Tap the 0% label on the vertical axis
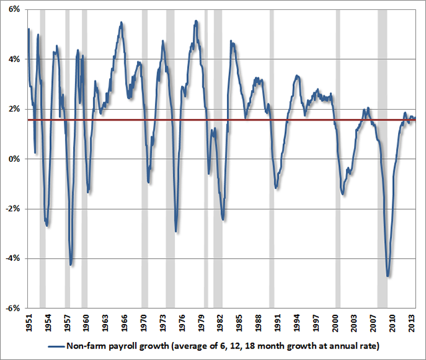13,159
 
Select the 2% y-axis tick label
13,109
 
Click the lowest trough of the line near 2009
387,275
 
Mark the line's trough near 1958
71,265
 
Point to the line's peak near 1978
196,21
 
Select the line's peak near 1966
120,23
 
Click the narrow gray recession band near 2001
337,160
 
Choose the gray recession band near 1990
272,160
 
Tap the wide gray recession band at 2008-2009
382,160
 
